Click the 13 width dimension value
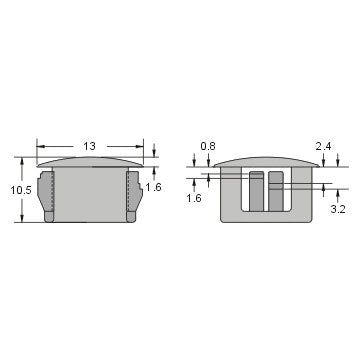point(89,146)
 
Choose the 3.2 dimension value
point(338,211)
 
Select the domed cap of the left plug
point(89,161)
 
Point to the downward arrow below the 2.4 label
point(338,162)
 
